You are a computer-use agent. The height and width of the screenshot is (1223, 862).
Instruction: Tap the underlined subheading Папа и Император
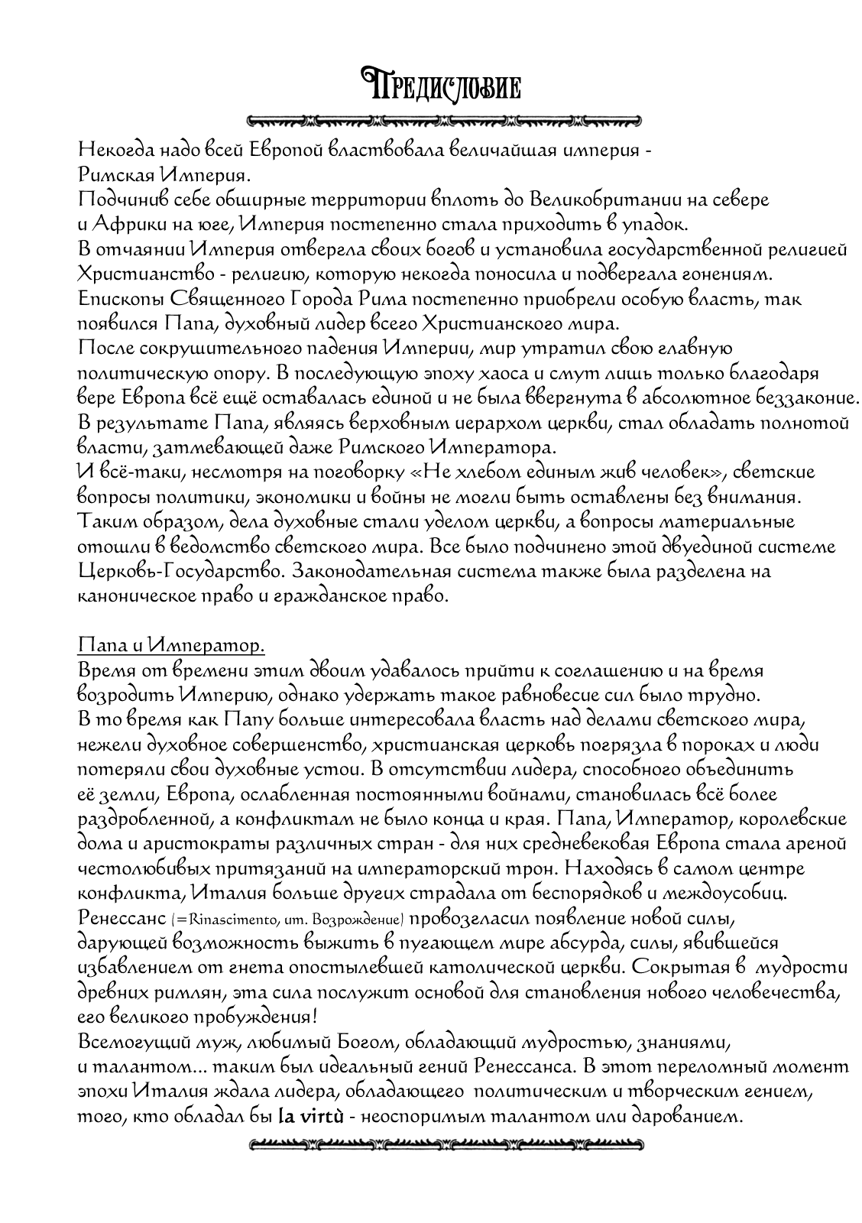pos(171,646)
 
